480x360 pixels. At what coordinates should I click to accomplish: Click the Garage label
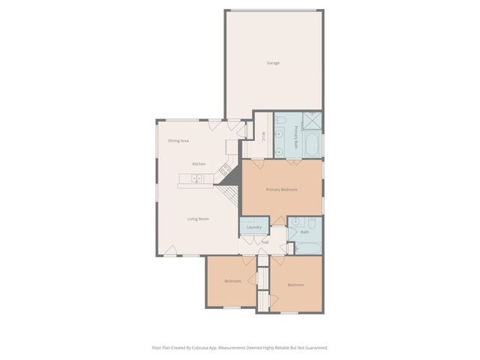(273, 63)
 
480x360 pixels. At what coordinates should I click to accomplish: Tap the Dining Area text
(178, 141)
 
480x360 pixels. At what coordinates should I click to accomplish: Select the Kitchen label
(199, 163)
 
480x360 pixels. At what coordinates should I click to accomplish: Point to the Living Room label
(198, 218)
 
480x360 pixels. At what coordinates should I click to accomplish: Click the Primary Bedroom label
(282, 190)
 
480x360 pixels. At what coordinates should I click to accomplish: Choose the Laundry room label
(253, 227)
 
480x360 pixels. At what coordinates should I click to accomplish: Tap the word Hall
(265, 242)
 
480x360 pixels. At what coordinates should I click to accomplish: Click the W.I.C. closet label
(264, 136)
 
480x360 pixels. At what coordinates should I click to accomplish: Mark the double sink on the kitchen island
(196, 178)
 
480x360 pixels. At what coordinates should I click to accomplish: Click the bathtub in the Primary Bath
(312, 144)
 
